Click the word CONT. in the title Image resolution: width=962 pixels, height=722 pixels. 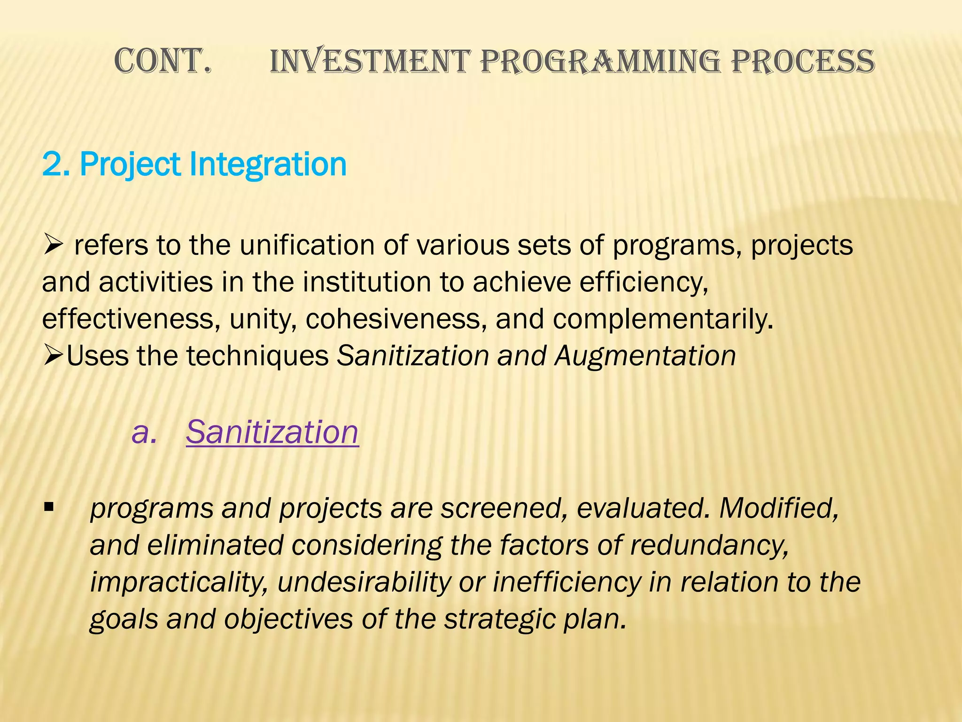(162, 62)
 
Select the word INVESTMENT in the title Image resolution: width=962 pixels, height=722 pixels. (370, 62)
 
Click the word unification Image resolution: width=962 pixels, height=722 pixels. (307, 245)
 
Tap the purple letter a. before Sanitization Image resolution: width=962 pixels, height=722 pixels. (143, 432)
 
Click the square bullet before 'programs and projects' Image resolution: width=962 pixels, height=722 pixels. (48, 508)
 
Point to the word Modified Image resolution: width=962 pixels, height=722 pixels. (779, 508)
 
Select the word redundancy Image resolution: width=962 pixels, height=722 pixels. (709, 545)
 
